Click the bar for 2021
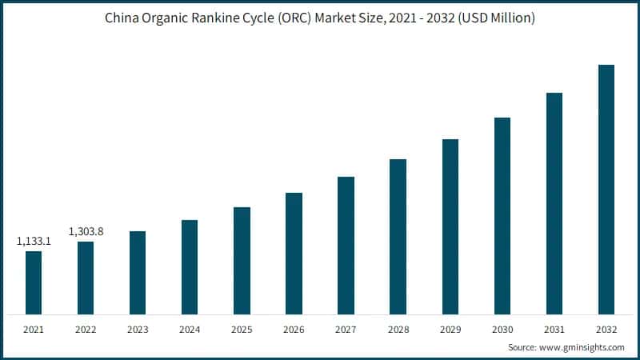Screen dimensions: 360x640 pos(34,282)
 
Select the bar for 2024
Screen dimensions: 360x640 pos(190,266)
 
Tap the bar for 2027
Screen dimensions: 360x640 pos(346,245)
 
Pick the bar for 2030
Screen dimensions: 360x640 pos(502,215)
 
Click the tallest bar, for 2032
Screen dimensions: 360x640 pos(606,189)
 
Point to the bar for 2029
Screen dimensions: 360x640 pos(450,226)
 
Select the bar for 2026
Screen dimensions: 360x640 pos(294,253)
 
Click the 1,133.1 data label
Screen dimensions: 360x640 pos(34,240)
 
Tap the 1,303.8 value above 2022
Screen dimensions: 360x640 pos(86,231)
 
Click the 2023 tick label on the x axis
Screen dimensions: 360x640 pos(138,329)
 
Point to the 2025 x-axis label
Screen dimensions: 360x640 pos(242,329)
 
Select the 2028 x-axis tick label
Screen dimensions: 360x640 pos(398,329)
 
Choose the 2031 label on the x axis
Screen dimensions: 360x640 pos(554,329)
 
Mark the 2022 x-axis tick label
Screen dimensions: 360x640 pos(86,329)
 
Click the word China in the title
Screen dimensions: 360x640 pos(122,18)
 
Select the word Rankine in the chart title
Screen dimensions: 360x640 pos(221,18)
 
